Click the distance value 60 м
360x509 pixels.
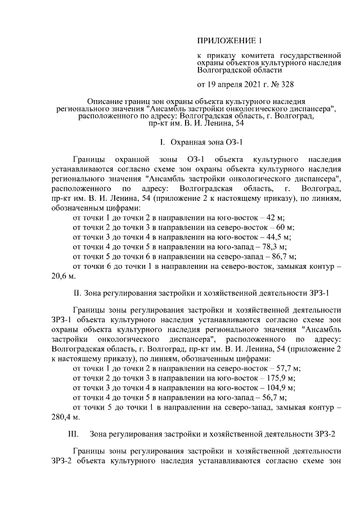[285, 227]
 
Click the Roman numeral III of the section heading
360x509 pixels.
[73, 434]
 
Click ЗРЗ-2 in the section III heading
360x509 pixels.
[327, 434]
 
